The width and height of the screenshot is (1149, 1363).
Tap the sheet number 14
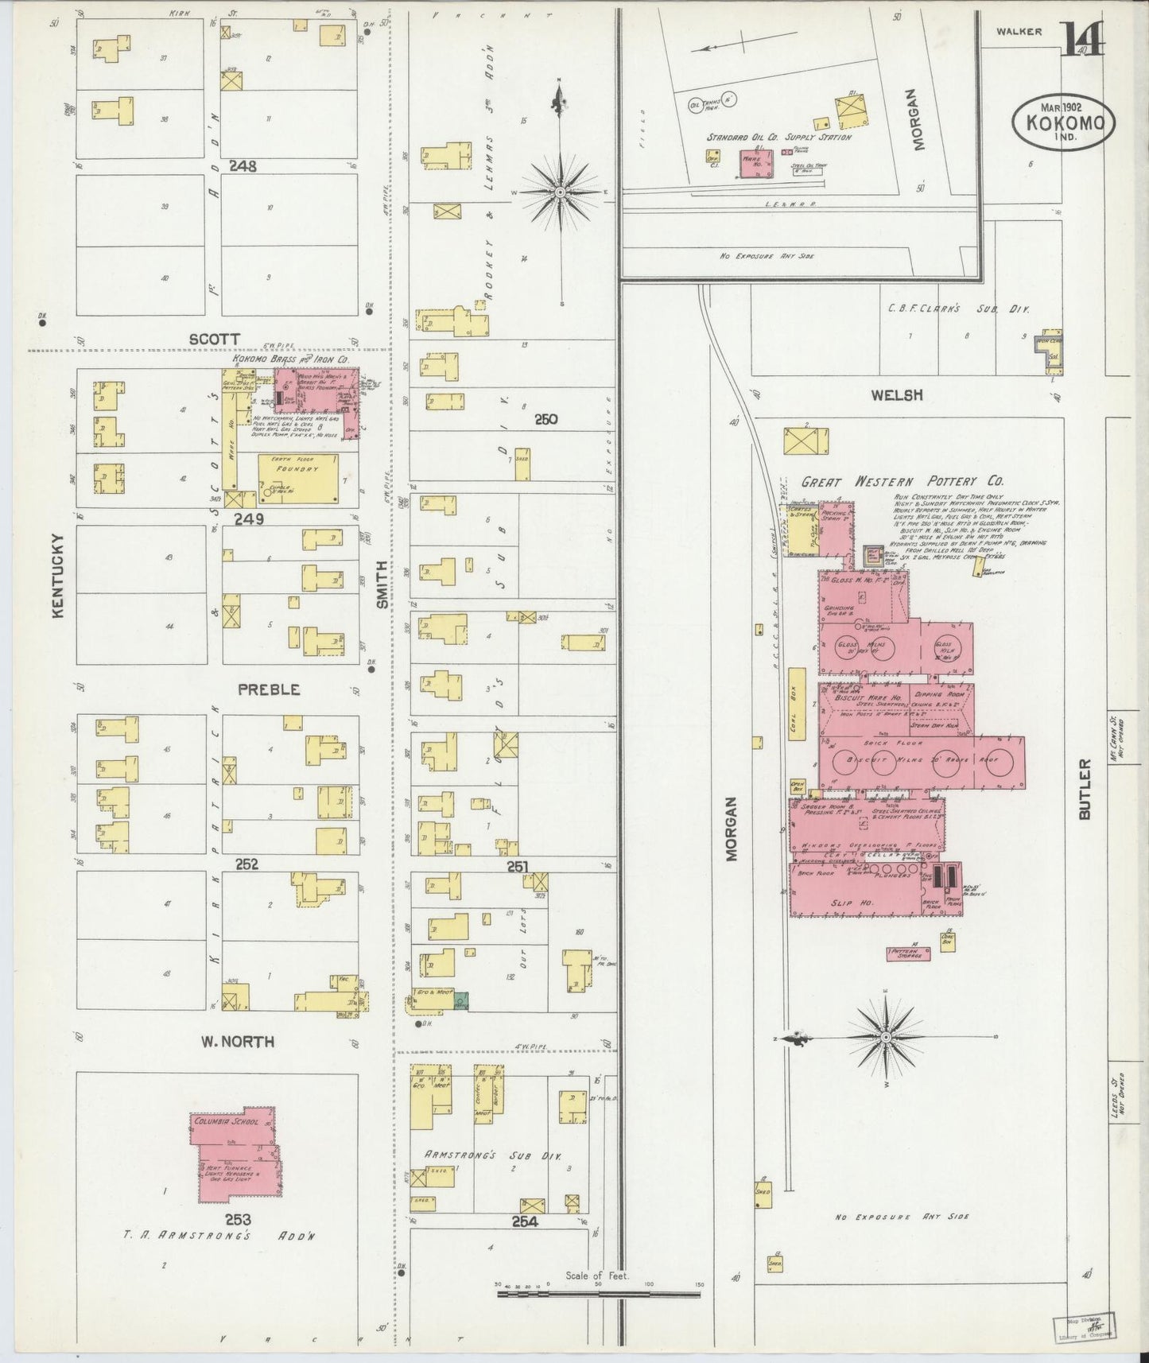click(x=1081, y=38)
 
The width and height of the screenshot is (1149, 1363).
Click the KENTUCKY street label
click(x=57, y=575)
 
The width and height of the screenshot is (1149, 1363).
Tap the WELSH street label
click(x=895, y=394)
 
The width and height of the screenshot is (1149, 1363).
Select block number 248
click(x=243, y=166)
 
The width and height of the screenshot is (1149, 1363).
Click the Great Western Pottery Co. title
click(x=902, y=481)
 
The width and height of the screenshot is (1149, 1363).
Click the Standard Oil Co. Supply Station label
click(x=778, y=138)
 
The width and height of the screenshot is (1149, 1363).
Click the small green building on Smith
click(x=461, y=1001)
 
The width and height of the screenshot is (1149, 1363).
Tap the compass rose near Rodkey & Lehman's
click(x=561, y=191)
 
